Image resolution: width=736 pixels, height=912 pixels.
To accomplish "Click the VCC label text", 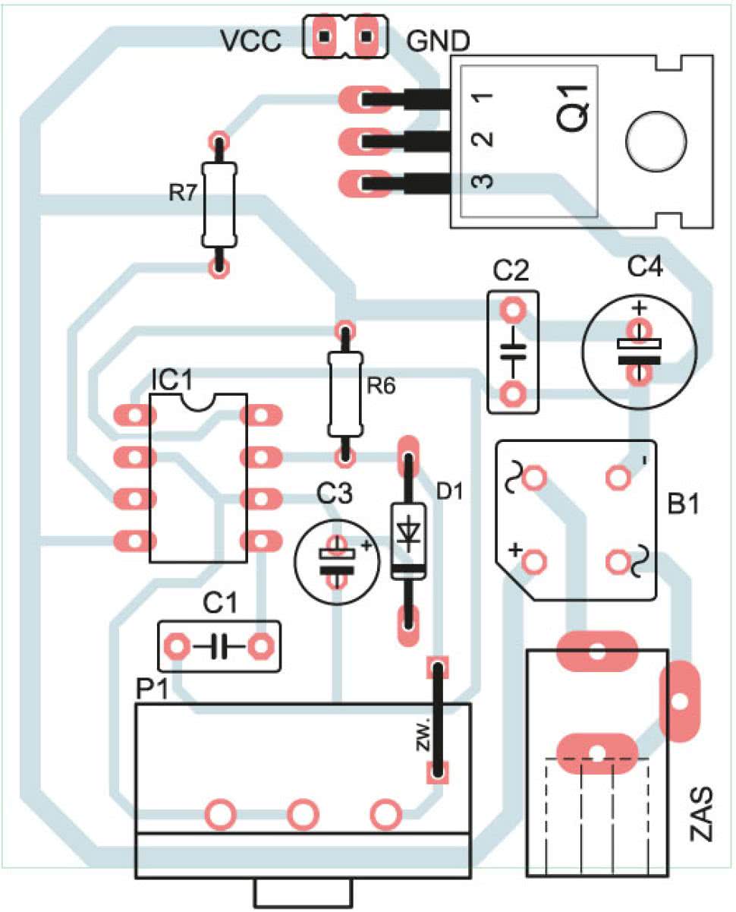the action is tap(250, 41).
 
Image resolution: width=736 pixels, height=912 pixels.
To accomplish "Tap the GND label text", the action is tap(438, 41).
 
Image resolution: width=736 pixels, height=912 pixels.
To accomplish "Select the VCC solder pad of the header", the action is tap(325, 36).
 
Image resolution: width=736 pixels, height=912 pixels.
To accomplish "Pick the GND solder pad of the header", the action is tap(366, 36).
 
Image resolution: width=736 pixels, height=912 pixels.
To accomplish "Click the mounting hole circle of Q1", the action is tap(656, 141).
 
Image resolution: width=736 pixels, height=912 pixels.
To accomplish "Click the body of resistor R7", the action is tap(219, 205).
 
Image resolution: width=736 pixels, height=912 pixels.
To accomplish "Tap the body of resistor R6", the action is tap(345, 393).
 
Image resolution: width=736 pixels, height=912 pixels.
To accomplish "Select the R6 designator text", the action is tap(381, 386).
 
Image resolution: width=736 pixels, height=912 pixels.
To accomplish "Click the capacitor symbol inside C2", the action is tap(513, 351).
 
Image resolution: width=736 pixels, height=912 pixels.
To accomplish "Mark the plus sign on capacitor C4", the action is tap(640, 308).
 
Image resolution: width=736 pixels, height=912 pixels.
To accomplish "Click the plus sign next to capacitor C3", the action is tap(366, 545).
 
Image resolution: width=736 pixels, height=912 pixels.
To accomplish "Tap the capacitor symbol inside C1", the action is tap(219, 646).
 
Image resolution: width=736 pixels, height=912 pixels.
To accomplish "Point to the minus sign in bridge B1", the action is tap(644, 461).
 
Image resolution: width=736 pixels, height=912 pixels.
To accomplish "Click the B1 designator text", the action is tap(683, 504).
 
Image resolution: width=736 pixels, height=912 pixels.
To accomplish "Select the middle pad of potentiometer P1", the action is tap(303, 814).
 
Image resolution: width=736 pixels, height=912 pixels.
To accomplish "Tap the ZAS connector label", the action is tap(702, 813).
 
